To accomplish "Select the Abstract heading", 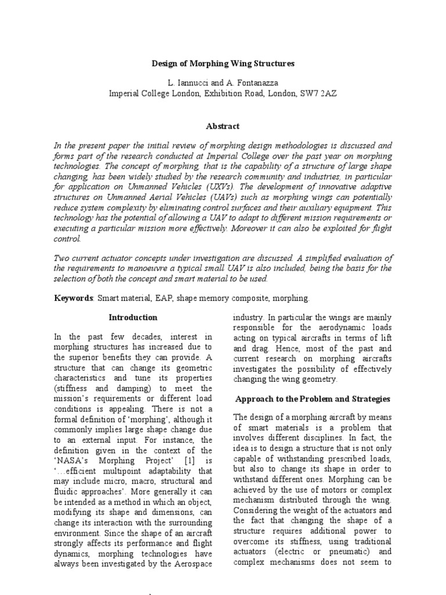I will pos(223,126).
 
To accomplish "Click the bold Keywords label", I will pos(73,297).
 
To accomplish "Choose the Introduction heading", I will pos(134,318).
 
